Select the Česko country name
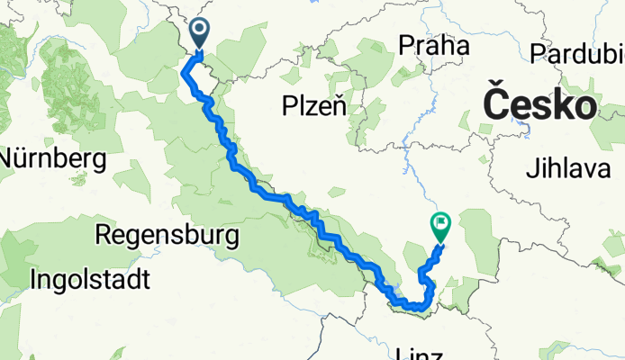(x=540, y=103)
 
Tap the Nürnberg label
(x=52, y=159)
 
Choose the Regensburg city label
(x=167, y=236)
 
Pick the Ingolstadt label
(x=89, y=279)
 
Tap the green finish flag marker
(x=440, y=225)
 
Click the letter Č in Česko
(x=496, y=103)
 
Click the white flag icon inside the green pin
(x=441, y=220)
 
